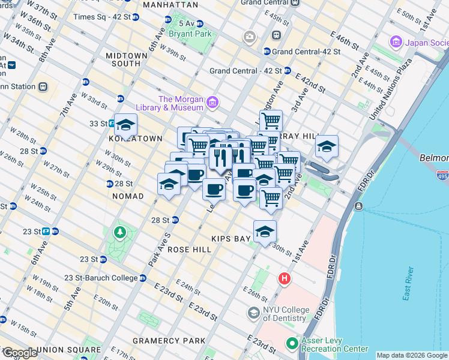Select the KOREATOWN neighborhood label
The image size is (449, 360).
(x=136, y=139)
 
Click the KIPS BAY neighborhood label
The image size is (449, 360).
(x=234, y=239)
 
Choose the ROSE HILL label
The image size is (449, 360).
(x=189, y=249)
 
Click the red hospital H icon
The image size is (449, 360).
(x=285, y=279)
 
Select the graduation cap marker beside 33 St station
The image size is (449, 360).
(x=126, y=125)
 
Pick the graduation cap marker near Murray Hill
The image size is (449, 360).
(x=326, y=146)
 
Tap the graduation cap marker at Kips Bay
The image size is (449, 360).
(x=264, y=232)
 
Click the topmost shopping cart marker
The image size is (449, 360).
(x=271, y=121)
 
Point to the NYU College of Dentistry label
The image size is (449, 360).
(x=286, y=314)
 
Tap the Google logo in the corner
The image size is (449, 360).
(x=19, y=353)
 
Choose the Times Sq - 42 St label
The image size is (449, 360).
(x=101, y=16)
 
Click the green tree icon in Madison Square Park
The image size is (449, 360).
(x=121, y=232)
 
